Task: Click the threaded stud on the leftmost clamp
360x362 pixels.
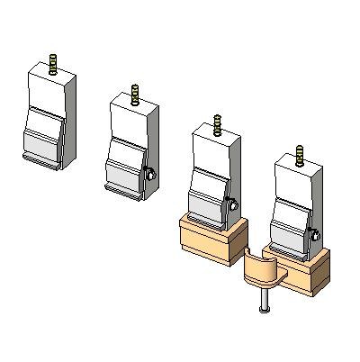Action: [x=53, y=64]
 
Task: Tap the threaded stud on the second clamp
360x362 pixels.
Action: [x=135, y=94]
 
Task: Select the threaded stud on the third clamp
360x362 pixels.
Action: [x=217, y=124]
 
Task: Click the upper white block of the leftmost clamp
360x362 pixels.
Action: [x=49, y=90]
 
